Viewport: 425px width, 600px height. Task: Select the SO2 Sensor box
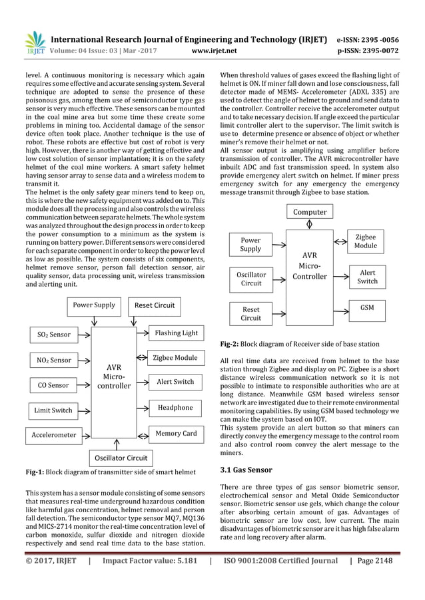tap(51, 334)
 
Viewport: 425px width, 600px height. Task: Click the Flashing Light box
tap(176, 333)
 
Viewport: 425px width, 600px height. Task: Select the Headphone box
tap(175, 407)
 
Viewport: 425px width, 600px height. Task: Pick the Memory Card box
tap(175, 434)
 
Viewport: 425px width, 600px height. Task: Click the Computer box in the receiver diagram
tap(310, 212)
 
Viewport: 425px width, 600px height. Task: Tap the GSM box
tap(367, 309)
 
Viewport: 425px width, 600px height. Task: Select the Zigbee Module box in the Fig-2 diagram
tap(366, 241)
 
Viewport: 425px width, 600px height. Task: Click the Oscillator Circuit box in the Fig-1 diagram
tap(121, 458)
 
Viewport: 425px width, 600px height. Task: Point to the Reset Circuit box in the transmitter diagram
tap(155, 305)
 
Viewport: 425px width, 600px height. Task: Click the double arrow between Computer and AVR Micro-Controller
tap(308, 225)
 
